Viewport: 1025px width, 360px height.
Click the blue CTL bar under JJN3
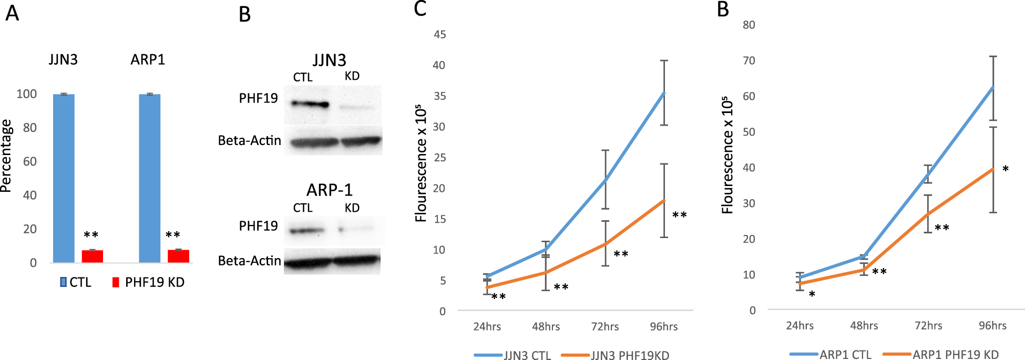64,179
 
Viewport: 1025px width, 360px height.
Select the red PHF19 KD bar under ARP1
178,256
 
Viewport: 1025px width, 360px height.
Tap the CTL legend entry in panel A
76,282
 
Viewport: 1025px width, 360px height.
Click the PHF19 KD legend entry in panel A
148,282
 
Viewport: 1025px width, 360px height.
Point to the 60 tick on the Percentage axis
30,161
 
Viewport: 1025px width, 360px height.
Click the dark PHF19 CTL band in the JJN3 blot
310,104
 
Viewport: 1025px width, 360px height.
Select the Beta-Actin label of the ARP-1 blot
249,261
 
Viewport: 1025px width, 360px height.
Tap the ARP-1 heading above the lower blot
330,190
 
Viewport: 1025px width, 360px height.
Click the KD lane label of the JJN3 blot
352,76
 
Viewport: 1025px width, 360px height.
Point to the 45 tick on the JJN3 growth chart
439,35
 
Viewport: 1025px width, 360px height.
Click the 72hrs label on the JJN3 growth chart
604,326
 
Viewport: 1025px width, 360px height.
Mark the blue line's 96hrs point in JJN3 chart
664,93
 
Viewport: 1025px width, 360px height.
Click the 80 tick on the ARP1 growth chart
749,25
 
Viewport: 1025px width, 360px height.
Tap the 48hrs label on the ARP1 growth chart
864,325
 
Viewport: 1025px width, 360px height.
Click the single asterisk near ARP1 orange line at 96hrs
1005,169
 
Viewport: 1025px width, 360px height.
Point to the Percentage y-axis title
6,156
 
